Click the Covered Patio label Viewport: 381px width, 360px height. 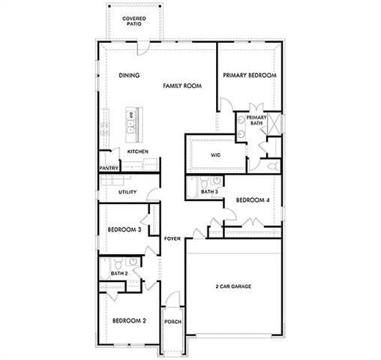134,20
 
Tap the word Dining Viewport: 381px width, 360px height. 130,76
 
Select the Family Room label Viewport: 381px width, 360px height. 183,86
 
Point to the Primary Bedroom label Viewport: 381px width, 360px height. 250,76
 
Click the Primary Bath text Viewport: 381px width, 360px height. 256,120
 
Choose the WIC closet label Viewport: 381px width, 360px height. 215,155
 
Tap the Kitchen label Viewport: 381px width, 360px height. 137,151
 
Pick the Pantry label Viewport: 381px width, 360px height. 109,169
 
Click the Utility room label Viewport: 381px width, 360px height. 127,193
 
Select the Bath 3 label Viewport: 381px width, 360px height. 210,192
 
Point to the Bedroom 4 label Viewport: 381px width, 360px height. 252,200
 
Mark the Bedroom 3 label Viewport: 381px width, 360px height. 124,230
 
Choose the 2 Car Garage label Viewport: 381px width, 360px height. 233,287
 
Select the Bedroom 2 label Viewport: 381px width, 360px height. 129,321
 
